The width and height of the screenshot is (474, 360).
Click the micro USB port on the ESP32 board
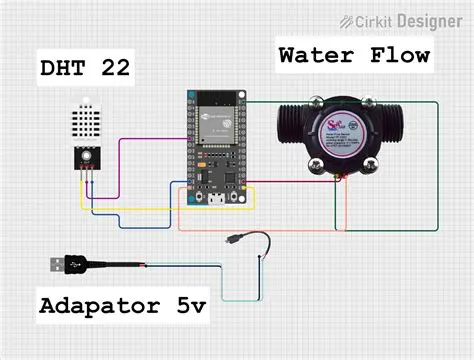pyautogui.click(x=212, y=197)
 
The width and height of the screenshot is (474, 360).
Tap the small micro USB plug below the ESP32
pyautogui.click(x=232, y=240)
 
